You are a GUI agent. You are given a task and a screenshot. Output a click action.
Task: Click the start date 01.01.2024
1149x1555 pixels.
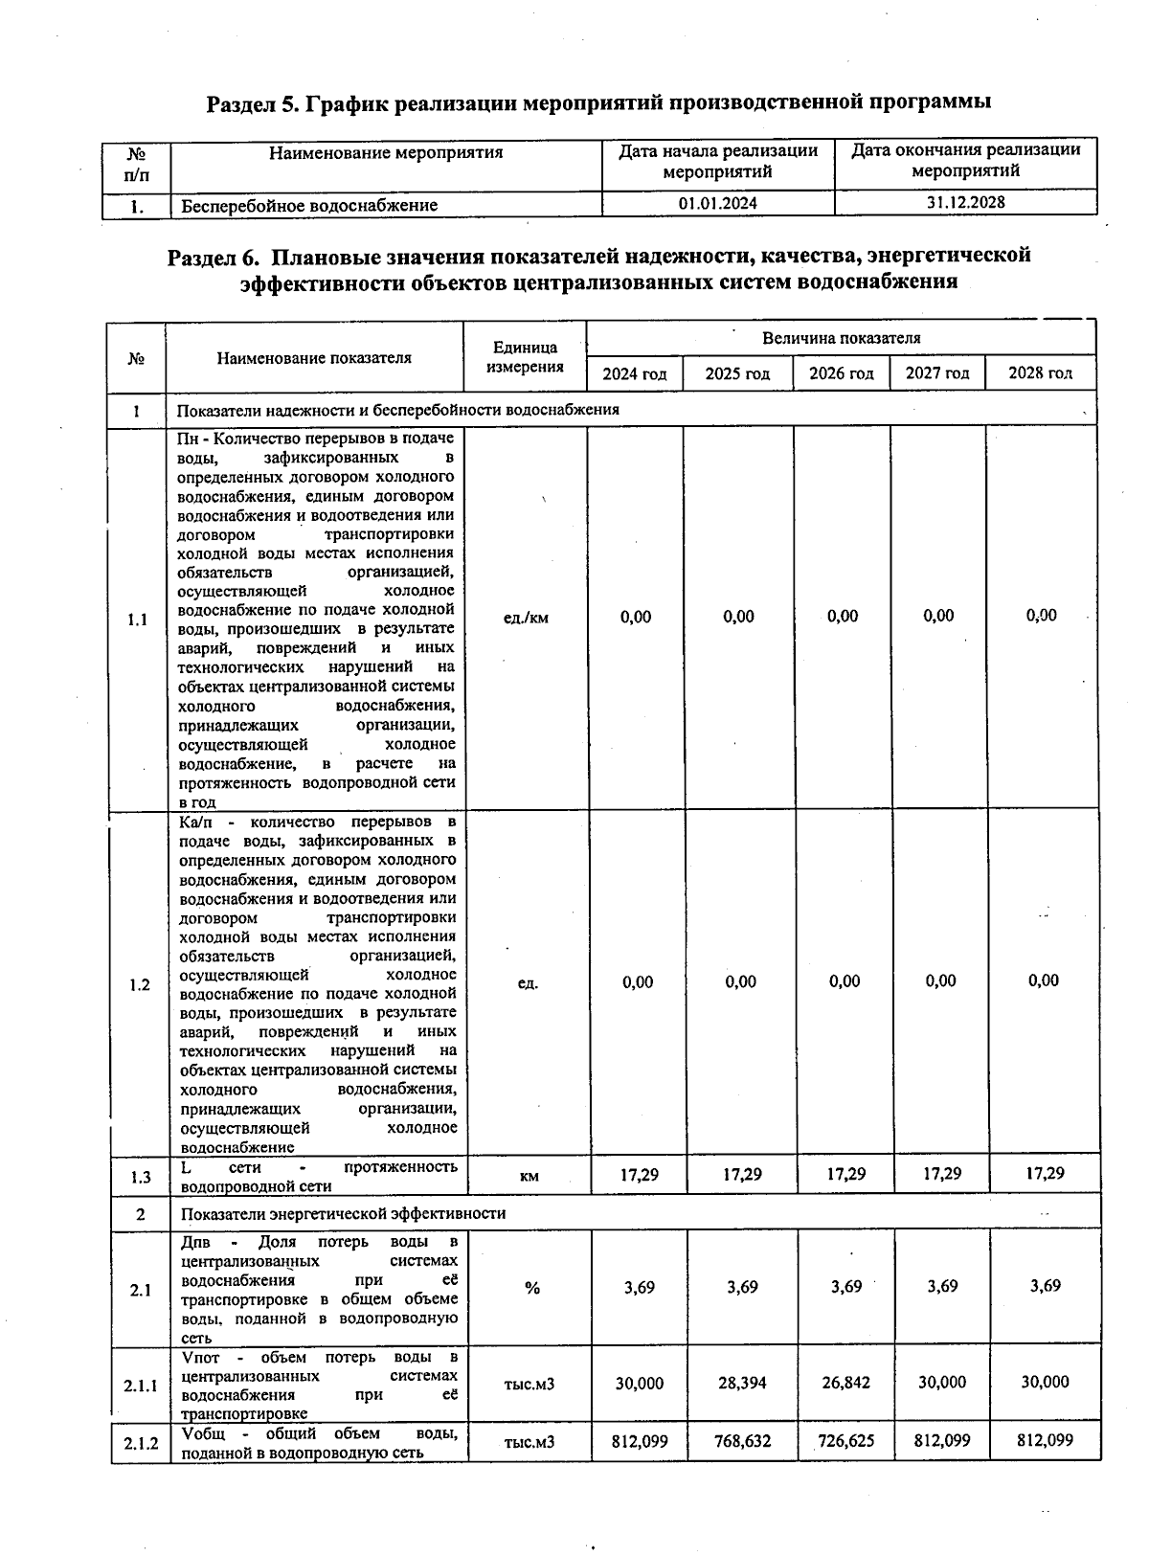pyautogui.click(x=717, y=204)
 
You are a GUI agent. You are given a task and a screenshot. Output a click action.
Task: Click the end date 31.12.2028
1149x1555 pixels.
pyautogui.click(x=965, y=203)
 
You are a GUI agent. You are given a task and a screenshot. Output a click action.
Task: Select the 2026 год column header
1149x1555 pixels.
pyautogui.click(x=841, y=373)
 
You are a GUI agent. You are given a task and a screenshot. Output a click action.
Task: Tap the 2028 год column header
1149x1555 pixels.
pyautogui.click(x=1040, y=373)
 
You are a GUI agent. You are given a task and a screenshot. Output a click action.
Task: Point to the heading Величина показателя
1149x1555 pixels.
pyautogui.click(x=841, y=338)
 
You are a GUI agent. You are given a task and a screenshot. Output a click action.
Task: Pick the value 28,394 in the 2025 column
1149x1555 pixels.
pyautogui.click(x=743, y=1383)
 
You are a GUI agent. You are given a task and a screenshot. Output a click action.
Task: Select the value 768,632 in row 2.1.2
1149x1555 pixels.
pyautogui.click(x=743, y=1440)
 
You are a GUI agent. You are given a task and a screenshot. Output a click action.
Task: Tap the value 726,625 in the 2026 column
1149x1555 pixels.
pyautogui.click(x=845, y=1440)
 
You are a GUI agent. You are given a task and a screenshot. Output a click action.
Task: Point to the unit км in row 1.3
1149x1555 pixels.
pyautogui.click(x=529, y=1176)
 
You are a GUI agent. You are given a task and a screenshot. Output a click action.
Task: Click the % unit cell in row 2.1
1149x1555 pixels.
pyautogui.click(x=531, y=1288)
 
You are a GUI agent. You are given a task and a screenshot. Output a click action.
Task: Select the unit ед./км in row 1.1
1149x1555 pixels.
pyautogui.click(x=526, y=618)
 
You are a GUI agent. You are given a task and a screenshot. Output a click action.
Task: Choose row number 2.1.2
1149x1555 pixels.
pyautogui.click(x=141, y=1443)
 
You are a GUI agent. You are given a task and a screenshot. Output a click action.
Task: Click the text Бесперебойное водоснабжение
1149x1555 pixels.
pyautogui.click(x=309, y=205)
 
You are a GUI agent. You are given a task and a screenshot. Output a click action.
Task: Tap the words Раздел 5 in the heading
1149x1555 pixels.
pyautogui.click(x=251, y=102)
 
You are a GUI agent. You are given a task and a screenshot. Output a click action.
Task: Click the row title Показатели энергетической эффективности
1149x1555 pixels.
pyautogui.click(x=343, y=1213)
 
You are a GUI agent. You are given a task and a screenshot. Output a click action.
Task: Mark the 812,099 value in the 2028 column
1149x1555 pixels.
pyautogui.click(x=1044, y=1439)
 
